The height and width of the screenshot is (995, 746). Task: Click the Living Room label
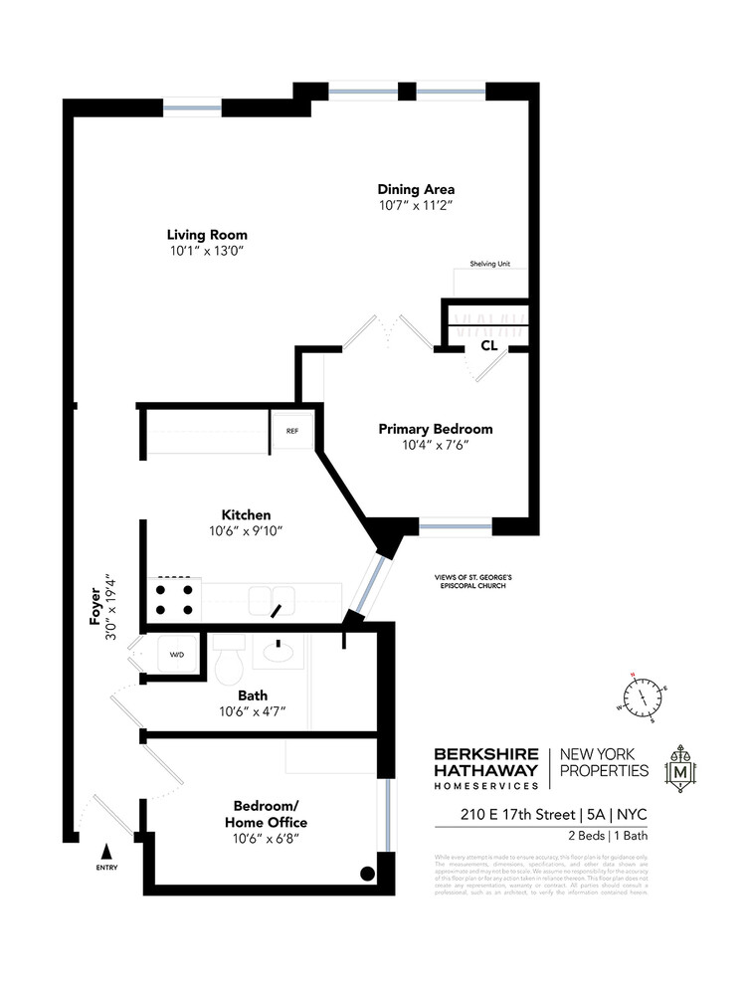coord(207,235)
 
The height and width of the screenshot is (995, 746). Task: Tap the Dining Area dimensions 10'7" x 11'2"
coord(416,206)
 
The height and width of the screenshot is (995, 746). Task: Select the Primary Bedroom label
coord(436,429)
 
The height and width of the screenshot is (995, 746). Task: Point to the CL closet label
coord(488,346)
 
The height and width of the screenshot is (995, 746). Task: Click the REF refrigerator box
coord(291,431)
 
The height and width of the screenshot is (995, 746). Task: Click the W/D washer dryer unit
coord(176,655)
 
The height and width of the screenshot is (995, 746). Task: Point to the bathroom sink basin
coord(278,653)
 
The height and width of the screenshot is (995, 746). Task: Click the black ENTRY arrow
coord(106,852)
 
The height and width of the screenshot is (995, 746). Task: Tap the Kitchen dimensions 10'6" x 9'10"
coord(246,530)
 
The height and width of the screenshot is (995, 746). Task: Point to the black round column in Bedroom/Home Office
coord(367,874)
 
